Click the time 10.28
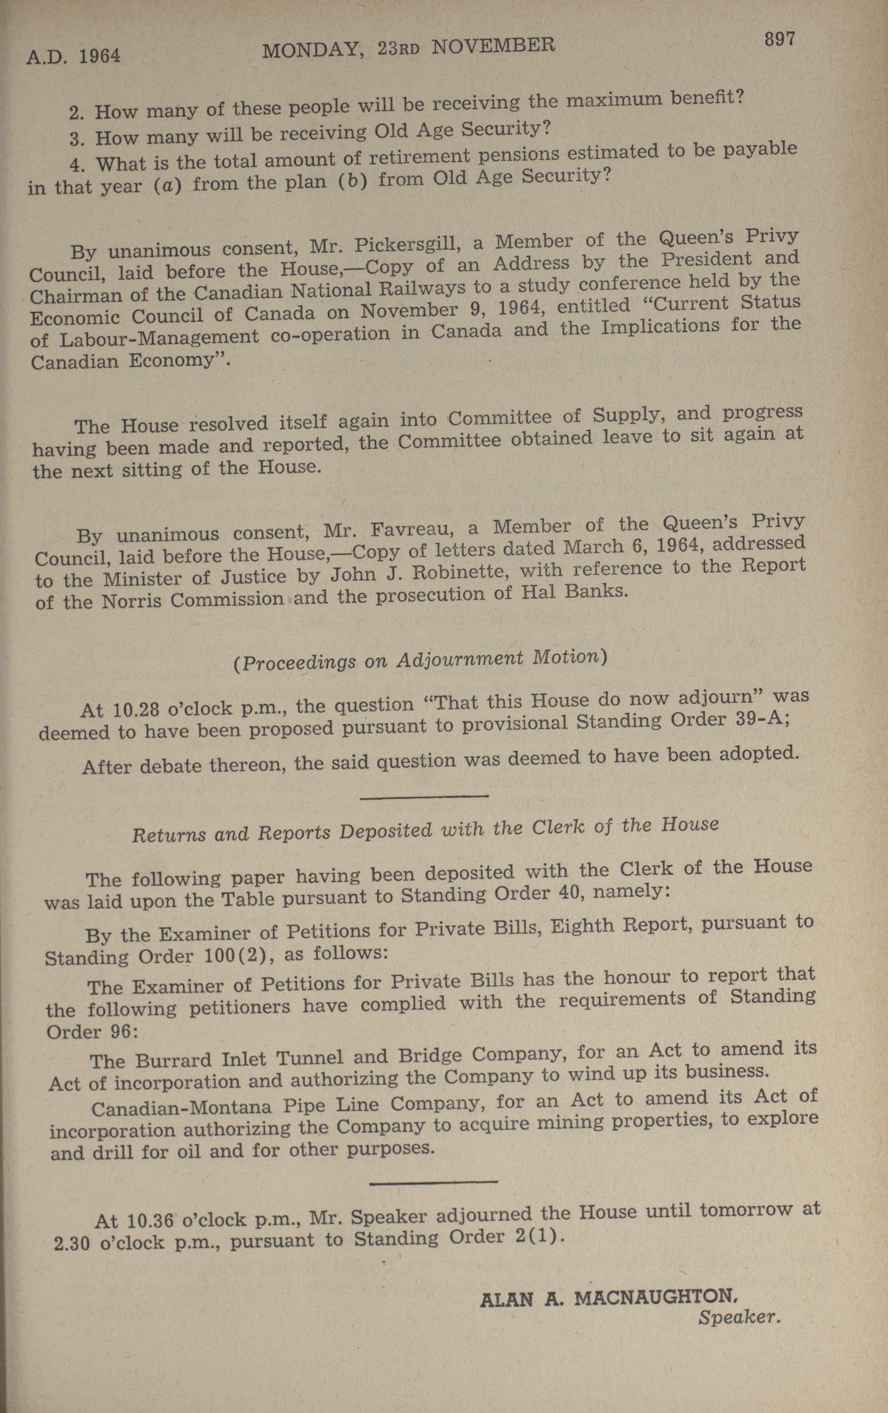click(135, 709)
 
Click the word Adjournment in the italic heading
click(459, 660)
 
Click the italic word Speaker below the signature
click(739, 1318)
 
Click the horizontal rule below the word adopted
click(424, 797)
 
